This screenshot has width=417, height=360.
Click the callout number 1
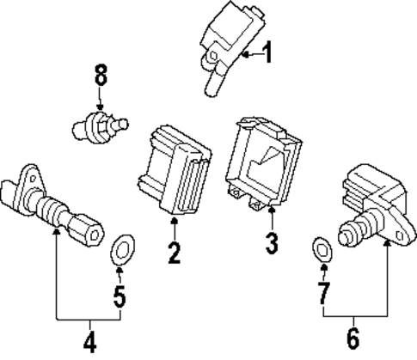tap(267, 55)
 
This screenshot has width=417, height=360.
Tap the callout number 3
tap(272, 244)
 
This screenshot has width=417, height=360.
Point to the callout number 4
tap(89, 341)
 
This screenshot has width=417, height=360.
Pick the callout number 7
tap(323, 293)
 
